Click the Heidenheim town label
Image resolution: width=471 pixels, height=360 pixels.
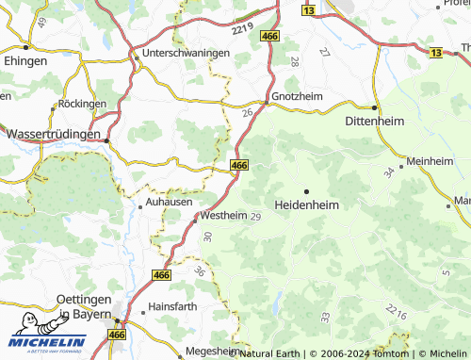point(306,205)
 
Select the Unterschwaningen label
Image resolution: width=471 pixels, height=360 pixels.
point(186,54)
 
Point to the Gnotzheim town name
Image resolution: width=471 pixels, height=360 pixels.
point(297,96)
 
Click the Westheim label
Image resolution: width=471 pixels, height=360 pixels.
point(224,216)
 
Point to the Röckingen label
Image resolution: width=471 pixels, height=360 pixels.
point(82,104)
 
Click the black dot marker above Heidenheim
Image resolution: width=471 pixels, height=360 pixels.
point(306,190)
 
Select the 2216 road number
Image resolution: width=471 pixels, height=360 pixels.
point(396,312)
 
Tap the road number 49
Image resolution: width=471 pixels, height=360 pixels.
point(42,24)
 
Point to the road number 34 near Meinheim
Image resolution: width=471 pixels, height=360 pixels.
point(388,172)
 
